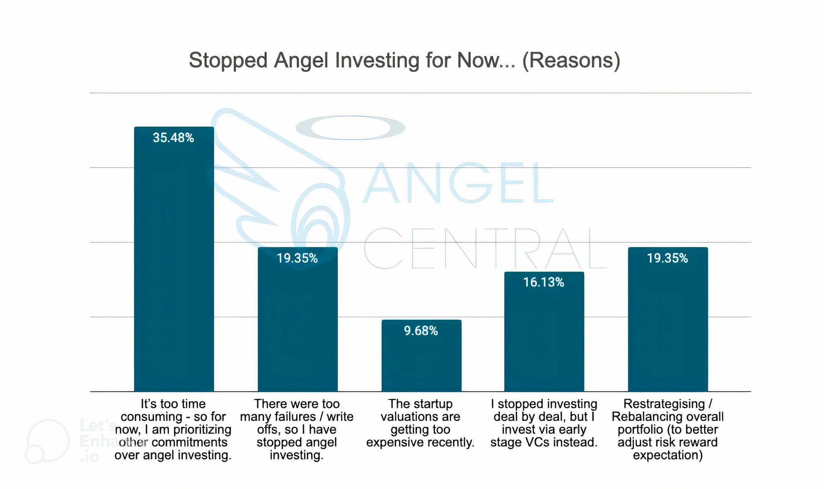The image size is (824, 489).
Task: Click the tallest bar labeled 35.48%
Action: click(x=174, y=266)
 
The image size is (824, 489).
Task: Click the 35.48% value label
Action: click(x=173, y=138)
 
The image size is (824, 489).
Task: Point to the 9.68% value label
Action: click(x=421, y=331)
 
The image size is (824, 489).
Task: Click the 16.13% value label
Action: click(x=544, y=283)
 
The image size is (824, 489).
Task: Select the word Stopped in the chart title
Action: click(x=228, y=61)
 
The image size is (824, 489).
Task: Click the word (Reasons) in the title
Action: click(x=571, y=61)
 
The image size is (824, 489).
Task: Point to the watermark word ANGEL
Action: click(x=458, y=183)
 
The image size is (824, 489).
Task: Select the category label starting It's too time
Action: click(x=173, y=429)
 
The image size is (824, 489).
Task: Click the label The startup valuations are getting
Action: click(x=420, y=423)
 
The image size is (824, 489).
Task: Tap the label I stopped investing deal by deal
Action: click(x=544, y=423)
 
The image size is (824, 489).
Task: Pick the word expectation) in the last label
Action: click(x=668, y=455)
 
